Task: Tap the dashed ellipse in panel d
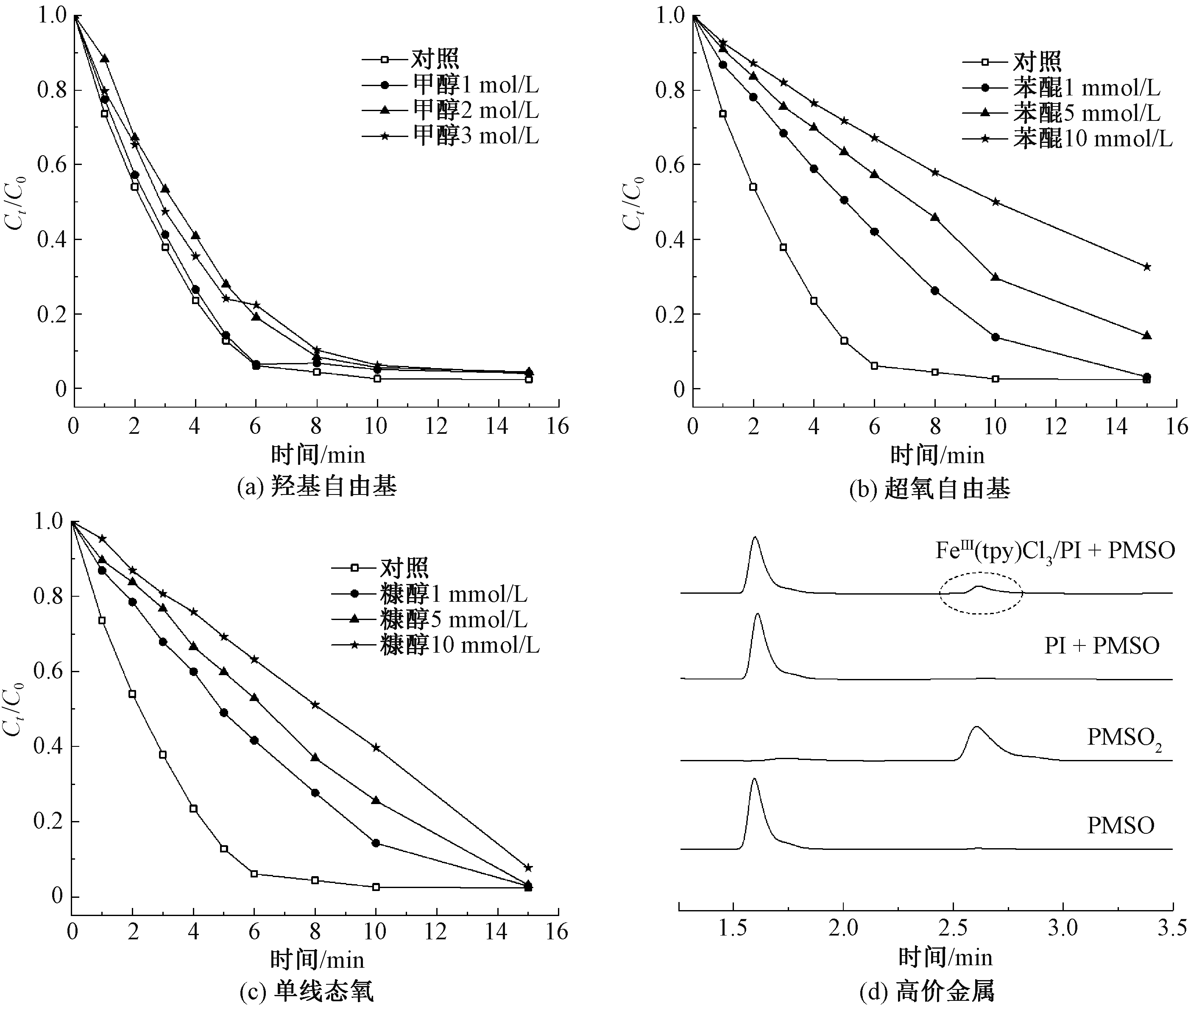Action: (x=981, y=592)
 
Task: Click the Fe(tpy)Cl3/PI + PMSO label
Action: (x=1055, y=551)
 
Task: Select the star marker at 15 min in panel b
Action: (x=1147, y=267)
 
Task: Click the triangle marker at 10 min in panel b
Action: (x=995, y=277)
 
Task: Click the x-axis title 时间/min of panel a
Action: (x=318, y=455)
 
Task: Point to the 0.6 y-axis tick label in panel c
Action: (x=48, y=671)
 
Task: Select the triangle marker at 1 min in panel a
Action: (x=105, y=59)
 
